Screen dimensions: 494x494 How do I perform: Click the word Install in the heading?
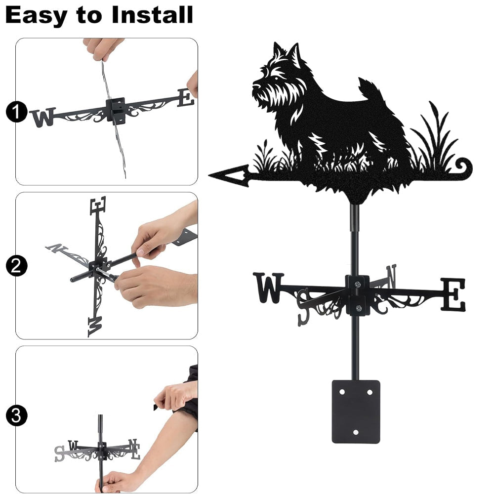pos(153,15)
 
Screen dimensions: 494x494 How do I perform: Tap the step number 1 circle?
pos(16,112)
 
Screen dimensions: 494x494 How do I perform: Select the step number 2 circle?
pos(16,266)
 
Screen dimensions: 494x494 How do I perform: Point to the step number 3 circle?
pos(16,416)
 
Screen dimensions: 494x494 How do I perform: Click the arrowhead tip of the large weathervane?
pos(209,175)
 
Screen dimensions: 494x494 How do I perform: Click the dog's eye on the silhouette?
pos(276,78)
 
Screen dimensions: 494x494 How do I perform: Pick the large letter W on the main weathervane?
pos(268,288)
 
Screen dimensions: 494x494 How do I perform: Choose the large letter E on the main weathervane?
pos(453,294)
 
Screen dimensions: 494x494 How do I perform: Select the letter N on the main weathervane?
pos(391,276)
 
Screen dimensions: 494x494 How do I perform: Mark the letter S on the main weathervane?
pos(303,307)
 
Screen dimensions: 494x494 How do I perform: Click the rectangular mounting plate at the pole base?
pos(356,412)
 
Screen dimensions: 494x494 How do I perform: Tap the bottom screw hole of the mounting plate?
pos(356,432)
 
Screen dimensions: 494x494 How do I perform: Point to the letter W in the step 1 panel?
pos(43,117)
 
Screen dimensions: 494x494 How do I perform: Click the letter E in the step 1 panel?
pos(186,98)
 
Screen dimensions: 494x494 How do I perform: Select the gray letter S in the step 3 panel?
pos(59,453)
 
